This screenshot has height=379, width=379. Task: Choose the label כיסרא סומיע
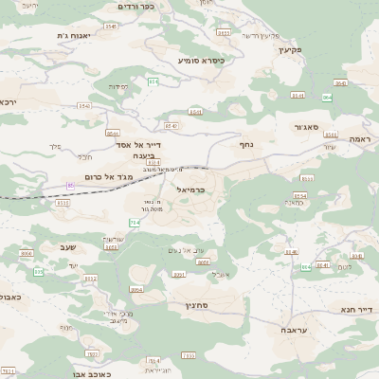[201, 60]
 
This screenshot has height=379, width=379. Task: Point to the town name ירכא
[9, 101]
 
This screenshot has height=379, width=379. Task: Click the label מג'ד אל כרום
[93, 176]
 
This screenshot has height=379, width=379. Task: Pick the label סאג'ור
[305, 126]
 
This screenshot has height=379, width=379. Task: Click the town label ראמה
[357, 139]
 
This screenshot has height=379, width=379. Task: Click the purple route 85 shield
[70, 186]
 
